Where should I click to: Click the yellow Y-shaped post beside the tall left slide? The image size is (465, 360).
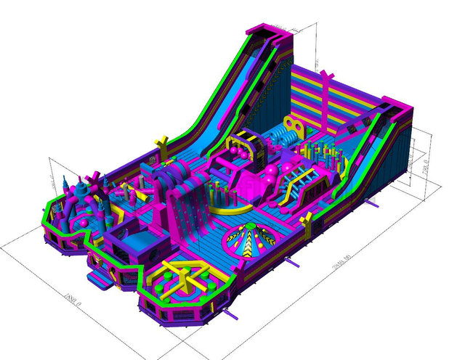[x=163, y=142]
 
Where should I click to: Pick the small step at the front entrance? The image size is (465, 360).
[x=99, y=279]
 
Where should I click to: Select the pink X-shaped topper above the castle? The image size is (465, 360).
[x=94, y=177]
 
